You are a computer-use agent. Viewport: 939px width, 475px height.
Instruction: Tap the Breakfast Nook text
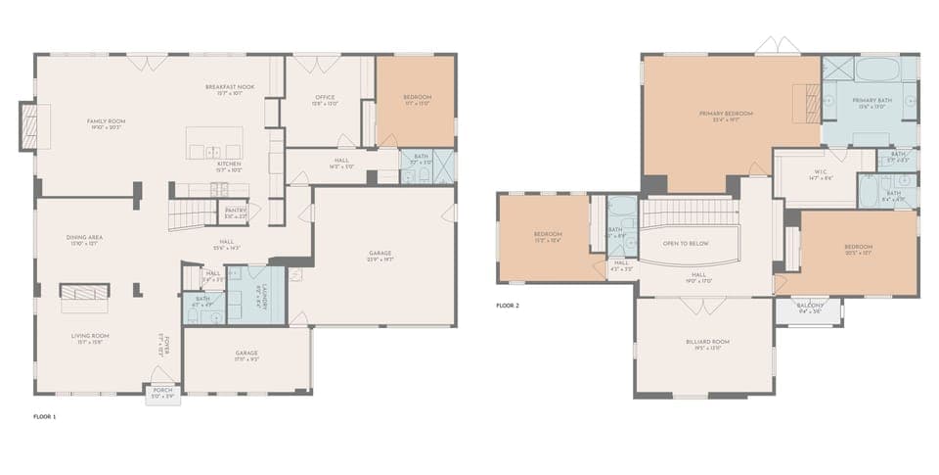(230, 87)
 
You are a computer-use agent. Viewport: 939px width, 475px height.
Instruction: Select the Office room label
(326, 97)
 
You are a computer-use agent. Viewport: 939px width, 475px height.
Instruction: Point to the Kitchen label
(229, 164)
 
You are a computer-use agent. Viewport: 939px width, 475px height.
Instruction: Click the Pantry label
(236, 210)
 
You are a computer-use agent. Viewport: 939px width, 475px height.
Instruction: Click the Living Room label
(89, 336)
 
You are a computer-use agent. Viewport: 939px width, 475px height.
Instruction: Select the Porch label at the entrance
(162, 390)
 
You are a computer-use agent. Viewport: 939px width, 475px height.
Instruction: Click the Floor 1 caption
(46, 416)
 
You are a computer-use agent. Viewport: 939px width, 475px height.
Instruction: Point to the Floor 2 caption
(508, 306)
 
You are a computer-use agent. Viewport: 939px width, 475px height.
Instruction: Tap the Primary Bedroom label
(725, 115)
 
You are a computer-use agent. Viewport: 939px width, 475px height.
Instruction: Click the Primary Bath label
(871, 101)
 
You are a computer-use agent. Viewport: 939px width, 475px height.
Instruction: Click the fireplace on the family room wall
(28, 126)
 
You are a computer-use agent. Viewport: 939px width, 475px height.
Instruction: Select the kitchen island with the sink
(214, 143)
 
